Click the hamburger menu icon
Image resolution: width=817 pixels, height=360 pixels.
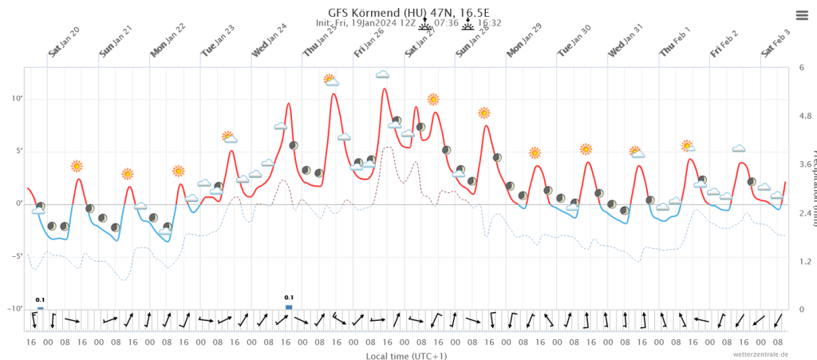[802, 15]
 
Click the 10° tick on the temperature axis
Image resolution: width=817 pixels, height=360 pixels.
[16, 98]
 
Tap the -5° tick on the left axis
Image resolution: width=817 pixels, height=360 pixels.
[15, 256]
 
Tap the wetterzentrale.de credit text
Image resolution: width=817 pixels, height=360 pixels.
[762, 353]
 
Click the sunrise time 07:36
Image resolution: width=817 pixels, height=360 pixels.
[448, 23]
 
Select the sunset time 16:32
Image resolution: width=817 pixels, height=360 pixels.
[490, 23]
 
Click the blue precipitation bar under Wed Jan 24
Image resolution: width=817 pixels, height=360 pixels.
[289, 306]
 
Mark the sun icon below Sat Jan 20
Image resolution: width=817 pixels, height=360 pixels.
[77, 166]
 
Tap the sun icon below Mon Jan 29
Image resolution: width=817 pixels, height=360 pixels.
[535, 152]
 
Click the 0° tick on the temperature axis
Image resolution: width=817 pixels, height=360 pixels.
[18, 204]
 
